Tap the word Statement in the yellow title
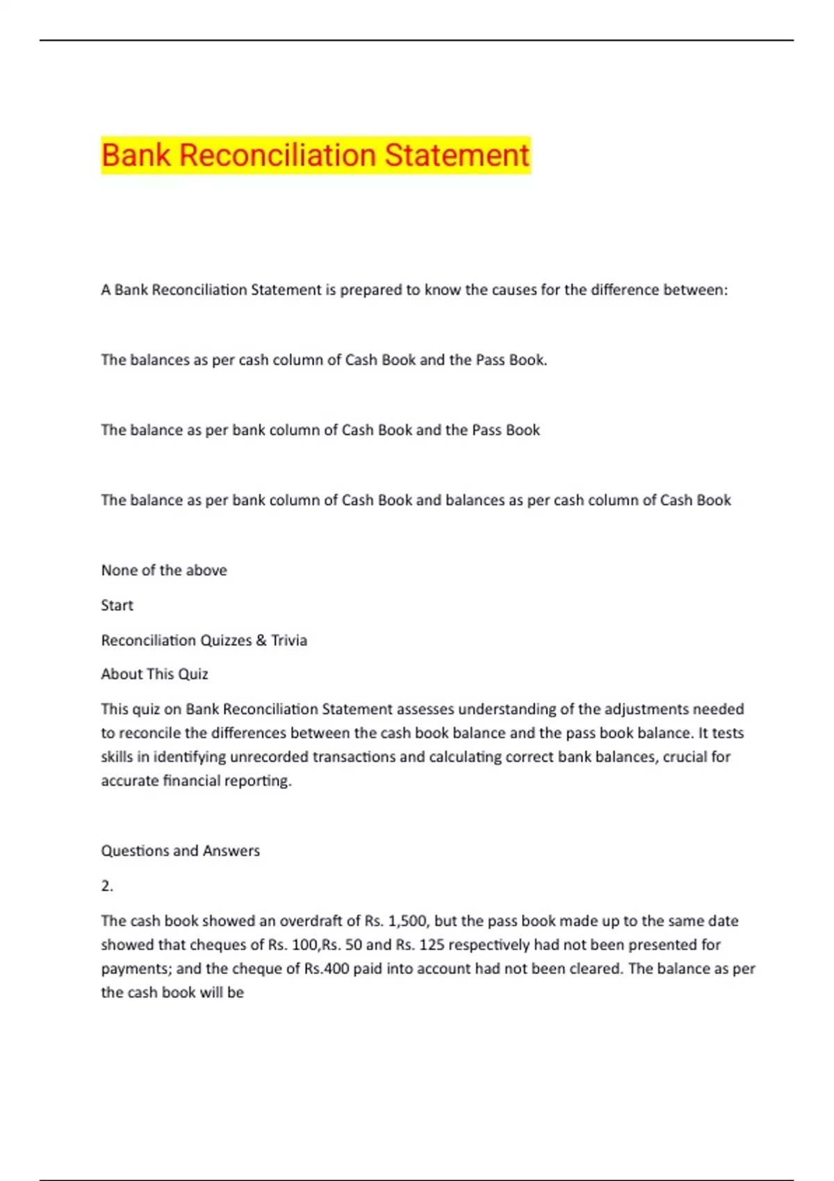(x=457, y=155)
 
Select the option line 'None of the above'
(x=164, y=570)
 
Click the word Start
(x=117, y=605)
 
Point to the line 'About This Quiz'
(x=154, y=674)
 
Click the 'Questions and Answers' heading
(x=181, y=850)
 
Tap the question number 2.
(x=106, y=886)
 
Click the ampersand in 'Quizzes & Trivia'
(x=261, y=641)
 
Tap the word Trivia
(x=289, y=641)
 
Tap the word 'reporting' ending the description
(x=261, y=781)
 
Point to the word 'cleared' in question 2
(x=595, y=968)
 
